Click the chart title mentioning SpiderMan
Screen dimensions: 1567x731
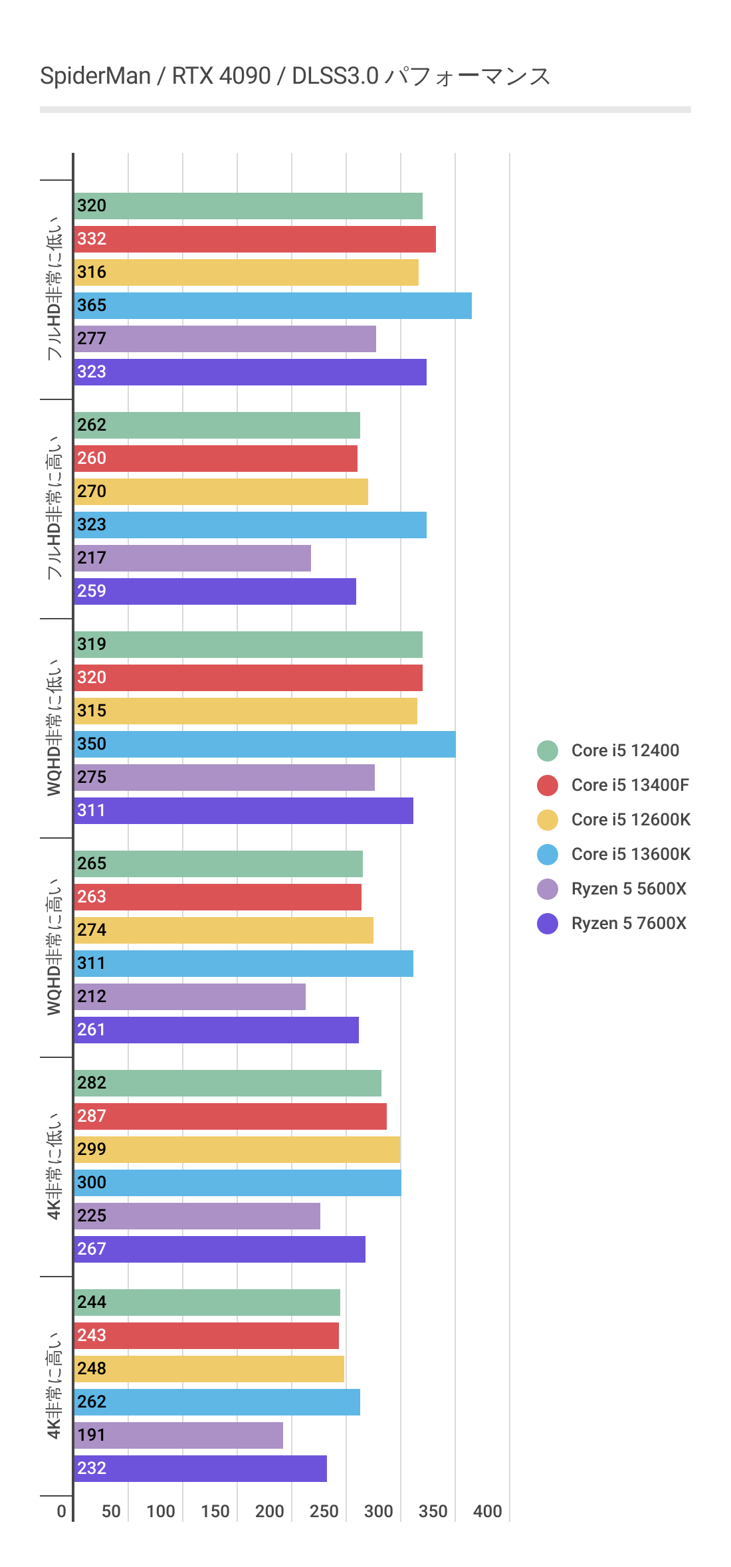pyautogui.click(x=295, y=76)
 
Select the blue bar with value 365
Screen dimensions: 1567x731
pyautogui.click(x=272, y=306)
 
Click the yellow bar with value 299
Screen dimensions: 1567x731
pyautogui.click(x=237, y=1150)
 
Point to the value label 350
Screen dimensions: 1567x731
pyautogui.click(x=92, y=744)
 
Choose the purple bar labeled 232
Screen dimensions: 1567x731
pyautogui.click(x=200, y=1469)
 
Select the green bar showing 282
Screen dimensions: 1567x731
pyautogui.click(x=227, y=1083)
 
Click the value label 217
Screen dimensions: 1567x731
pyautogui.click(x=92, y=558)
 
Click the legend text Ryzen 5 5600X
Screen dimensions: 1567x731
pyautogui.click(x=629, y=888)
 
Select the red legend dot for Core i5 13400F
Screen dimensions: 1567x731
pyautogui.click(x=548, y=785)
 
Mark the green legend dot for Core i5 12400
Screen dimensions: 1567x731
pyautogui.click(x=548, y=750)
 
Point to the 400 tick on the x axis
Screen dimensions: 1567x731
pyautogui.click(x=487, y=1511)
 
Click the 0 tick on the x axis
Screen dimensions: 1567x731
pyautogui.click(x=61, y=1511)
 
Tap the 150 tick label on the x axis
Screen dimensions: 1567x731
pyautogui.click(x=215, y=1511)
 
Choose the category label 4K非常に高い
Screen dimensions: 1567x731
pyautogui.click(x=54, y=1386)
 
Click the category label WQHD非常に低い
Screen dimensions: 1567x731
pyautogui.click(x=54, y=728)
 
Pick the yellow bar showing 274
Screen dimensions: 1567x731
pyautogui.click(x=223, y=930)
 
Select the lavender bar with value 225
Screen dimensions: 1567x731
pyautogui.click(x=197, y=1216)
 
